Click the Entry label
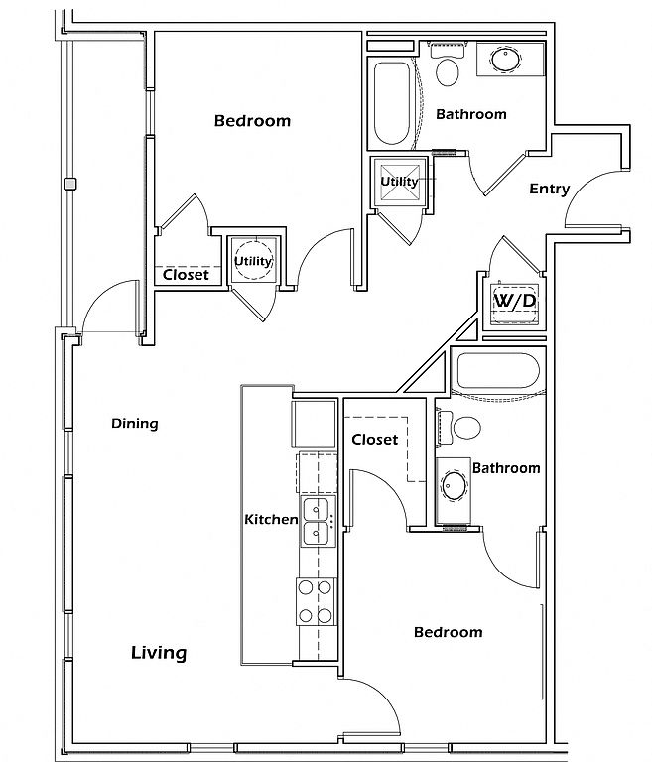coord(549,189)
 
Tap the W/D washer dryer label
coord(515,301)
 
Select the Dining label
coord(135,424)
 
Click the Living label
coord(159,652)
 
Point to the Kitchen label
coord(271,519)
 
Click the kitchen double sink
coord(318,522)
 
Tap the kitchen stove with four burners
coord(316,601)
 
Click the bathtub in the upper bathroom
coord(391,103)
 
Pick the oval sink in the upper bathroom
coord(505,60)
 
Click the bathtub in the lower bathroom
coord(498,371)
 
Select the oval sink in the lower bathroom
coord(455,485)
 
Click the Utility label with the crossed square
coord(399,182)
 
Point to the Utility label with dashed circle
coord(253,261)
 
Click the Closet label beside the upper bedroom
coord(186,275)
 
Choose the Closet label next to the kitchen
coord(375,440)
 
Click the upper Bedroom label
coord(252,120)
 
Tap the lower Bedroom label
coord(449,632)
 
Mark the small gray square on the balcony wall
coord(70,184)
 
